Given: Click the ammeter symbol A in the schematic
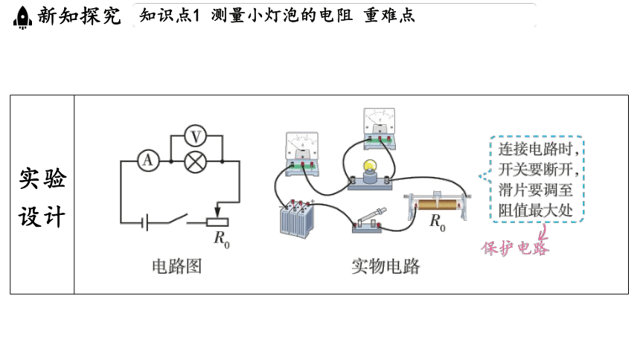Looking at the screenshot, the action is coord(148,161).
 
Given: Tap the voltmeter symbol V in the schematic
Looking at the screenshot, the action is coord(195,136).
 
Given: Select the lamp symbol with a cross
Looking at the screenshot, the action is coord(195,161).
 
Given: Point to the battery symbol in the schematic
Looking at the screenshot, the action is coord(144,223).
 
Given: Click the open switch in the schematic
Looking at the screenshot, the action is coord(178,219).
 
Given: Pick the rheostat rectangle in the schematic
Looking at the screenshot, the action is coord(217,222).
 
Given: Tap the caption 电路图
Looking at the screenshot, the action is coord(176,266).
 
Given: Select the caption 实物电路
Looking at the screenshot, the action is coord(385,266).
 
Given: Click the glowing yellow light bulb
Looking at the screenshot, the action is coord(370,166).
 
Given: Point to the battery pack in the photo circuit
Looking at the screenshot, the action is coord(297,219).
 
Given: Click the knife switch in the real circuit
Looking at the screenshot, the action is coord(368,221).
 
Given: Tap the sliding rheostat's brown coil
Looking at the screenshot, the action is coord(437,205).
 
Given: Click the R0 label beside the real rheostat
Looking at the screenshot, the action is coord(437,222).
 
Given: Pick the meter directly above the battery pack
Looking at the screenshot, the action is coord(302,153).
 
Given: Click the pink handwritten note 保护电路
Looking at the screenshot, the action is coord(515,248).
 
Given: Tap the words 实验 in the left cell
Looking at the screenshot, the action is coord(42,179).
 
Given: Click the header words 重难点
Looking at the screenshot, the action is coord(389,16).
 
